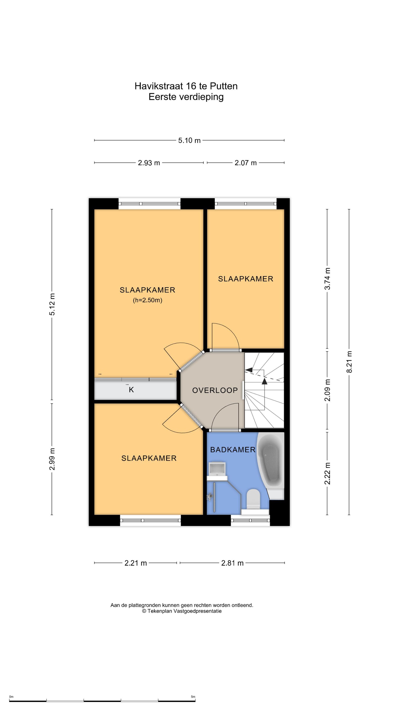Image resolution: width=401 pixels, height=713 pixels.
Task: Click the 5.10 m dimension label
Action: coord(189,140)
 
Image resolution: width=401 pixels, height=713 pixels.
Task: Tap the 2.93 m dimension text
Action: coord(149,163)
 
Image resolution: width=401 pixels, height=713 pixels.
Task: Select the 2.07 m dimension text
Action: coord(246,163)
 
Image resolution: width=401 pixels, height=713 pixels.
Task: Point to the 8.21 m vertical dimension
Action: coord(349,362)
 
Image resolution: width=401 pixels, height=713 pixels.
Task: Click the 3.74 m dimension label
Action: coord(327,279)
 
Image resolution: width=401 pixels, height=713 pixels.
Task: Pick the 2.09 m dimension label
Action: coord(327,390)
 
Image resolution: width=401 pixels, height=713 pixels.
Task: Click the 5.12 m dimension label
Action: coord(52,305)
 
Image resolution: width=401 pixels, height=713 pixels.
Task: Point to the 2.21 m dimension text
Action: coord(136,563)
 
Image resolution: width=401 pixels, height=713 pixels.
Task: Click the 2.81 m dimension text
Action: coord(232,563)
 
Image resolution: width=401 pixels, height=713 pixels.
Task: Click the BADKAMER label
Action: coord(233,450)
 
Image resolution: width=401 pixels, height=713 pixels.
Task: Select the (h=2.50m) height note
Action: coord(148,300)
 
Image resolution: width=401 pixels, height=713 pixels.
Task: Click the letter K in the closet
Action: coord(131,390)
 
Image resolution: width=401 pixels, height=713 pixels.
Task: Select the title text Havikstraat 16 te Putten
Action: coord(186,86)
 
